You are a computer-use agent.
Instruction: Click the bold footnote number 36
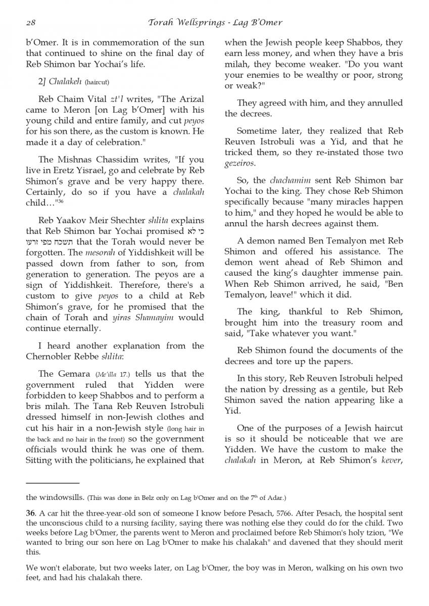30,513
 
